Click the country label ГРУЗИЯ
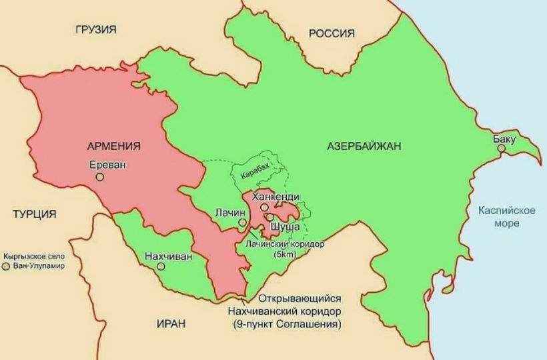pos(96,29)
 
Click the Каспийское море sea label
pos(507,217)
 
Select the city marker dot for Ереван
pos(100,177)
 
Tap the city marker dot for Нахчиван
pos(161,266)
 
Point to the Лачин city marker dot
pos(242,223)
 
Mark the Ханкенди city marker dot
pos(264,207)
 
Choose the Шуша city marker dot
pos(269,217)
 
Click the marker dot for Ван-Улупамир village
pos(6,266)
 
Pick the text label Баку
pos(504,139)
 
